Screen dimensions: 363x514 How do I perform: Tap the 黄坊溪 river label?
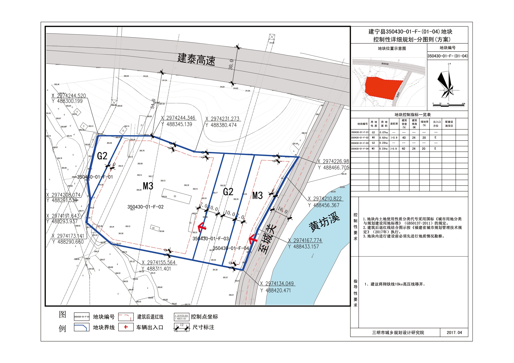(324, 222)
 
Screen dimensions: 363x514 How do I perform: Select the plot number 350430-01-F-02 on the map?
(145, 207)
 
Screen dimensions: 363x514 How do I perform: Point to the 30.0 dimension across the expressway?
(231, 64)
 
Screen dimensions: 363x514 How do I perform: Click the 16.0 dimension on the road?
(282, 210)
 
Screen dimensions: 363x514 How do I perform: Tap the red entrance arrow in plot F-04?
(253, 239)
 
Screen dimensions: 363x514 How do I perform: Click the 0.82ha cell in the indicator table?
(383, 138)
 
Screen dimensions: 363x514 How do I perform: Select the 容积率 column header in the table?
(394, 124)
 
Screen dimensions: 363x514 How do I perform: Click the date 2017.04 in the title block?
(454, 333)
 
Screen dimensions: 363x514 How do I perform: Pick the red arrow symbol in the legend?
(126, 327)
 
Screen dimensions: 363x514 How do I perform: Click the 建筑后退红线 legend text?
(150, 317)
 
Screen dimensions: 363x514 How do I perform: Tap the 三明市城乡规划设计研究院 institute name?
(398, 333)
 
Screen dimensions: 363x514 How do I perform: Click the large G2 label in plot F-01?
(102, 156)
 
